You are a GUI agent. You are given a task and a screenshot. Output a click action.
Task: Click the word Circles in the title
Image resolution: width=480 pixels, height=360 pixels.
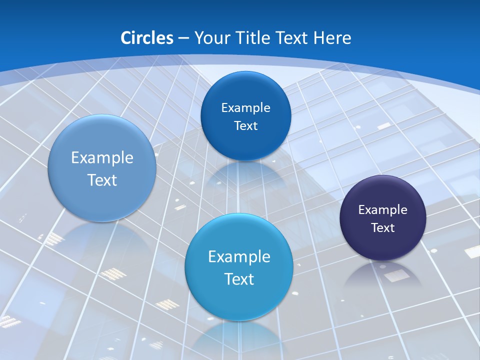tap(147, 38)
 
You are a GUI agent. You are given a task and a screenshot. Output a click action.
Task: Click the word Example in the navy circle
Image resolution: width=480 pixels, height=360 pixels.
tap(383, 210)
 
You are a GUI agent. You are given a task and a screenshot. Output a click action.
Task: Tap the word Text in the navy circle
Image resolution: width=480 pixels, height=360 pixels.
tap(383, 228)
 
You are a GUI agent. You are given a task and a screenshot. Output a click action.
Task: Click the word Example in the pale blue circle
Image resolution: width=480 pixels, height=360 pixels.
tap(102, 158)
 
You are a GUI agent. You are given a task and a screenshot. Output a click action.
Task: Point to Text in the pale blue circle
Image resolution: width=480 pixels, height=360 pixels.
tap(102, 180)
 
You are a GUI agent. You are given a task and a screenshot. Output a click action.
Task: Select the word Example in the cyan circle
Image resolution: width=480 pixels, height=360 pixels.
tap(239, 257)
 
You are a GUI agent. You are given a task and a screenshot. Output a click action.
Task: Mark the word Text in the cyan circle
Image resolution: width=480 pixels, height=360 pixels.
tap(239, 279)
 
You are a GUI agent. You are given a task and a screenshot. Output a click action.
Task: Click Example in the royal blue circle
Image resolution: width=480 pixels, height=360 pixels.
tap(245, 108)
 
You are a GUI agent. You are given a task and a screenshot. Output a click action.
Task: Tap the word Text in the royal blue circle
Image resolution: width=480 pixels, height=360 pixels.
tap(245, 126)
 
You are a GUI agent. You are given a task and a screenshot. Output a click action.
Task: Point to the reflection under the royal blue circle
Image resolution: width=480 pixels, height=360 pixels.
tap(245, 172)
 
